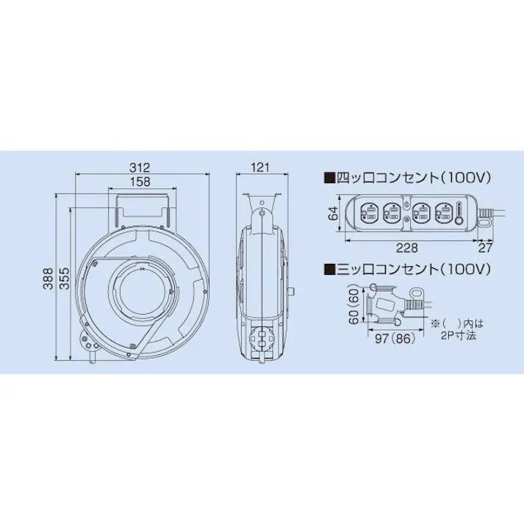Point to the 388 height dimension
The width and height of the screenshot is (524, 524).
coord(48,276)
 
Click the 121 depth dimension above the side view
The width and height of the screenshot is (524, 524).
coord(260,168)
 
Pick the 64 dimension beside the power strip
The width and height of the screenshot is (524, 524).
coord(333,214)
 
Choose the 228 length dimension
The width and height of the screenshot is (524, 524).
coord(409,248)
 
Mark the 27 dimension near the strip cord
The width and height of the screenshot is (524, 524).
coord(486,248)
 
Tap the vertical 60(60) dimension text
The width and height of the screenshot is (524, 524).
coord(353,305)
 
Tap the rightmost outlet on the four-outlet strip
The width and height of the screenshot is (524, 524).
coord(443,212)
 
